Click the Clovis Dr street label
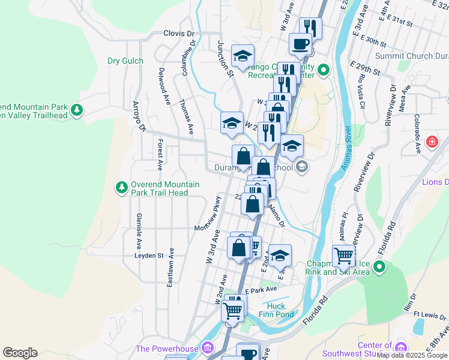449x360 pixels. click(x=179, y=34)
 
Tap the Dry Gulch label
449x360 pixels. click(x=125, y=61)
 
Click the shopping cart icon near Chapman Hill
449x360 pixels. click(x=343, y=255)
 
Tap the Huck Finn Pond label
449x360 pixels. click(x=276, y=310)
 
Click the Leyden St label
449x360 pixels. click(x=149, y=255)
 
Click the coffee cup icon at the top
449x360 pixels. click(x=300, y=43)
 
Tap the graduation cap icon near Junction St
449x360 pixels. click(x=243, y=56)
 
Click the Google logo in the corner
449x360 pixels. click(x=20, y=353)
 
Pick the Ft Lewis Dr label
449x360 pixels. click(x=430, y=316)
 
